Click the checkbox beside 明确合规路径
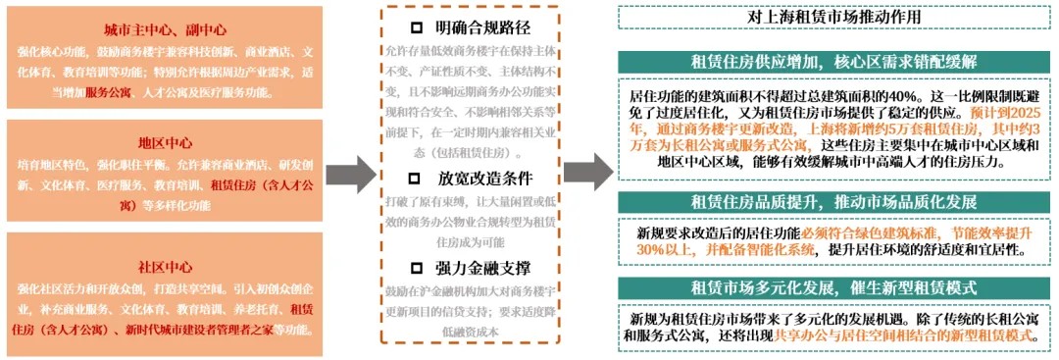point(416,26)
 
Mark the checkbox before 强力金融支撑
point(416,267)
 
